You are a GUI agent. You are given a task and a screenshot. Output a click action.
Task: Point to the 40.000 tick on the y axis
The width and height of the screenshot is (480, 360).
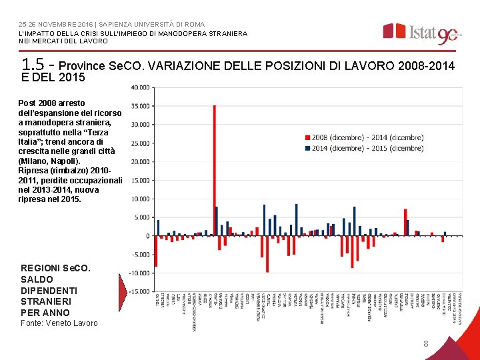[140, 87]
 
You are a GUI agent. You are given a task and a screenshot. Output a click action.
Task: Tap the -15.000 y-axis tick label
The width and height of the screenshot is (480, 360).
[139, 291]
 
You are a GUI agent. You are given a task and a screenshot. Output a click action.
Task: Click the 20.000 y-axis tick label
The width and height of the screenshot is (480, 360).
[140, 161]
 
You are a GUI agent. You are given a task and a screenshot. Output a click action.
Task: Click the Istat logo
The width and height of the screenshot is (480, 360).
[421, 32]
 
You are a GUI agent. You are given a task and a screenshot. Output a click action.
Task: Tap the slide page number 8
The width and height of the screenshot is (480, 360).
[425, 344]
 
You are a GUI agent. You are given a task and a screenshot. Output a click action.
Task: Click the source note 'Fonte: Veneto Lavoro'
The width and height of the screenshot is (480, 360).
[59, 323]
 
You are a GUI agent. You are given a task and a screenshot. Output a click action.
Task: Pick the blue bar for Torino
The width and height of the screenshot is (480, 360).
[159, 227]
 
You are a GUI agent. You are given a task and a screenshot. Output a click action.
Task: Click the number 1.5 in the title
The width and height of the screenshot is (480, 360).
[33, 65]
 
